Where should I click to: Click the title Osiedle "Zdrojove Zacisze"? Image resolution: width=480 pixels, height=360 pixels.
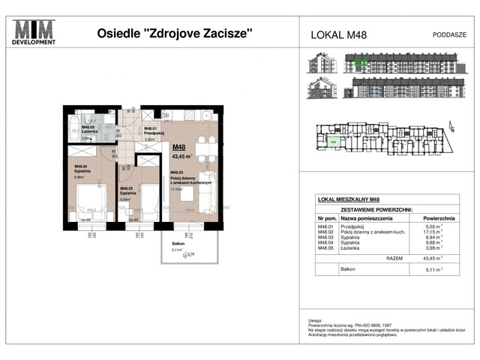175,33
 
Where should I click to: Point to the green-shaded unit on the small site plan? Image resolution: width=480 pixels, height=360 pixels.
331,140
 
